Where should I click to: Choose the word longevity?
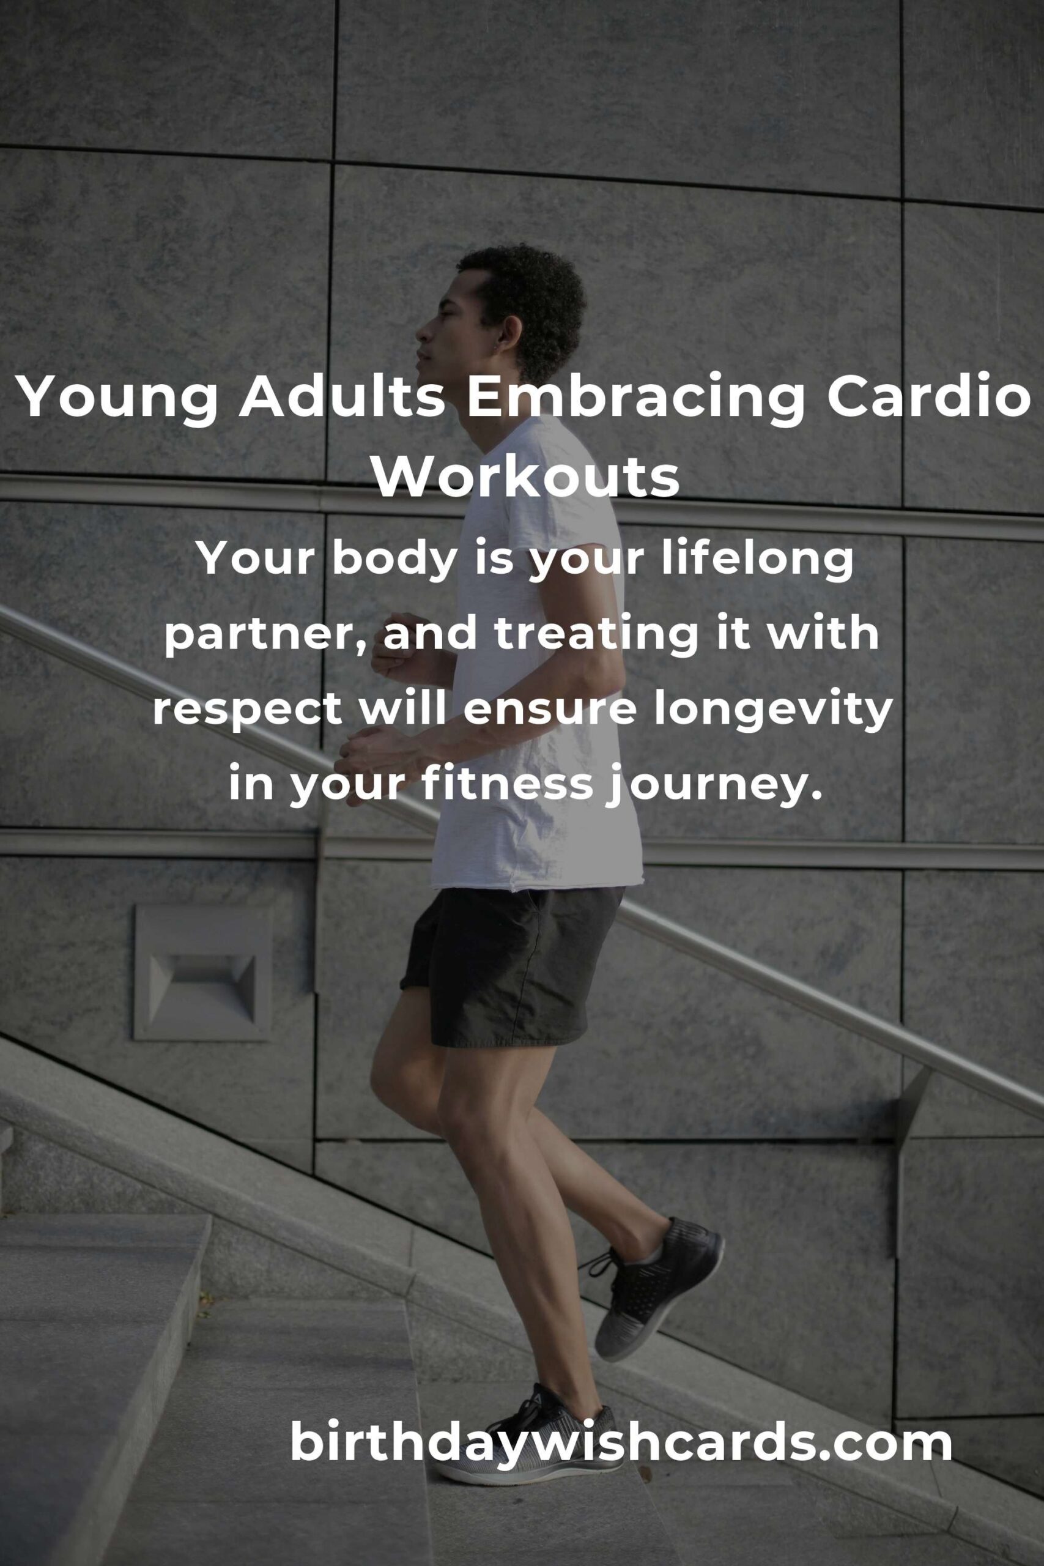[x=772, y=710]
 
